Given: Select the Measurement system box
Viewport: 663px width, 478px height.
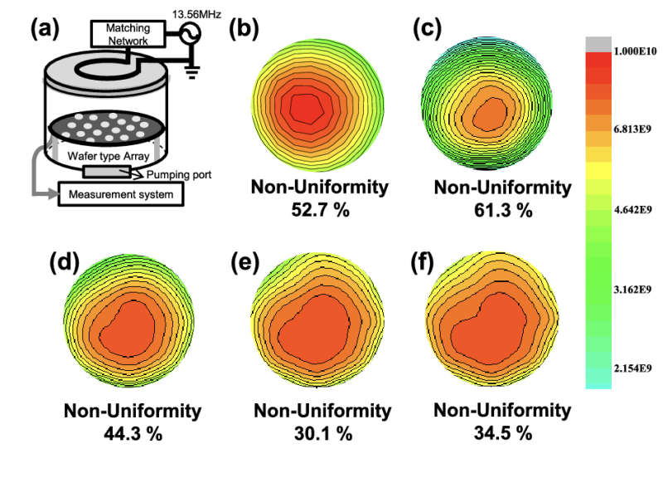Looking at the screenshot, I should [x=121, y=195].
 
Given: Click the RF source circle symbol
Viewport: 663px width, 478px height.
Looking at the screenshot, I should [x=187, y=32].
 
